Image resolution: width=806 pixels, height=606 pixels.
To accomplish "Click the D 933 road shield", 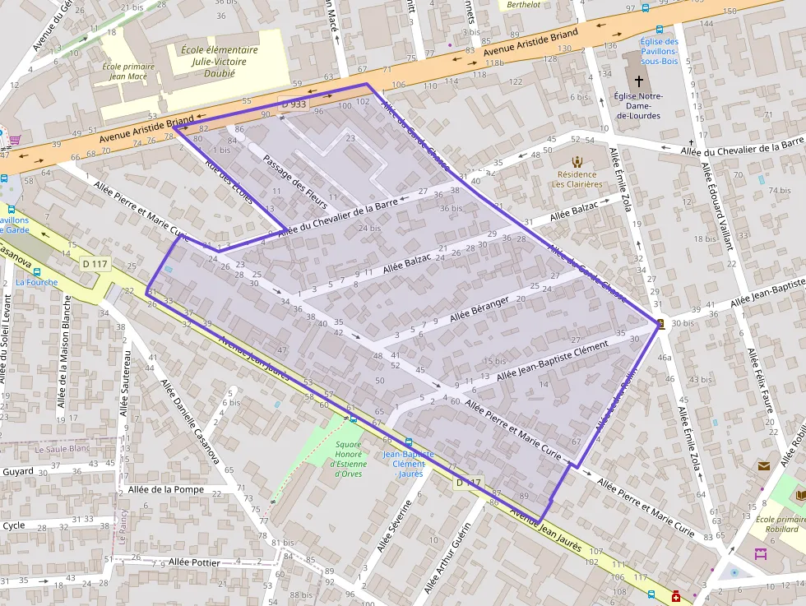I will (293, 105).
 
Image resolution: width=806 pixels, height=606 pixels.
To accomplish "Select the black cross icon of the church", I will (639, 81).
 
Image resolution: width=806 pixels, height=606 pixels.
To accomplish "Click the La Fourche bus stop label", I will (37, 282).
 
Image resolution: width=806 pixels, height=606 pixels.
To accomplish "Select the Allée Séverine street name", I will (394, 525).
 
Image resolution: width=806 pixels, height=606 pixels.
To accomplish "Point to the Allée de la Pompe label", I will (166, 490).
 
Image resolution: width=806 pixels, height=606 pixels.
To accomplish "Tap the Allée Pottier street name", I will (194, 562).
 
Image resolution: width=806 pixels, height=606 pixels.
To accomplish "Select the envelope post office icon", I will (764, 466).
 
